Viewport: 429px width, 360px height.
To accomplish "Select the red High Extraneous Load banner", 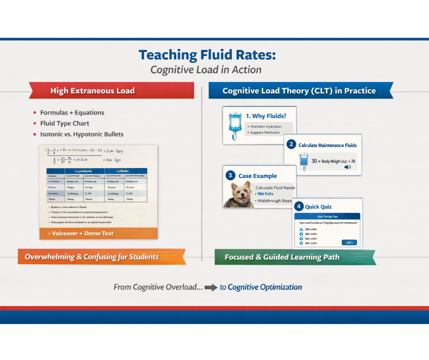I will coord(112,90).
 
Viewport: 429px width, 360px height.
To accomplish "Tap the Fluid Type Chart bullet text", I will coord(64,123).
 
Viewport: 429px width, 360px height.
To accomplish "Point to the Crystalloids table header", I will coord(84,171).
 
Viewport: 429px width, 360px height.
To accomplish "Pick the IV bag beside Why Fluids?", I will coord(235,125).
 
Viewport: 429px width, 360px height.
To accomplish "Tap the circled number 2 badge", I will coord(291,145).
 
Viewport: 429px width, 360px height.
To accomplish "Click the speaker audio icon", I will coord(348,167).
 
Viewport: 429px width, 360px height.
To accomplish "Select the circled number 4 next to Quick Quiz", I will coord(299,206).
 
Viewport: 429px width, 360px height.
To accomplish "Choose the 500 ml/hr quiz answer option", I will coord(310,238).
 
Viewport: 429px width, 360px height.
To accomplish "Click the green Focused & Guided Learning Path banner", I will coord(294,257).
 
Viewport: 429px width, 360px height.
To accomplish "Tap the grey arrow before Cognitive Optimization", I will coord(211,288).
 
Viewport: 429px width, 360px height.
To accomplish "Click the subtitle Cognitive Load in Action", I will coord(206,70).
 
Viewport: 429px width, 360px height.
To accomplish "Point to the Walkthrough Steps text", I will coord(274,201).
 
